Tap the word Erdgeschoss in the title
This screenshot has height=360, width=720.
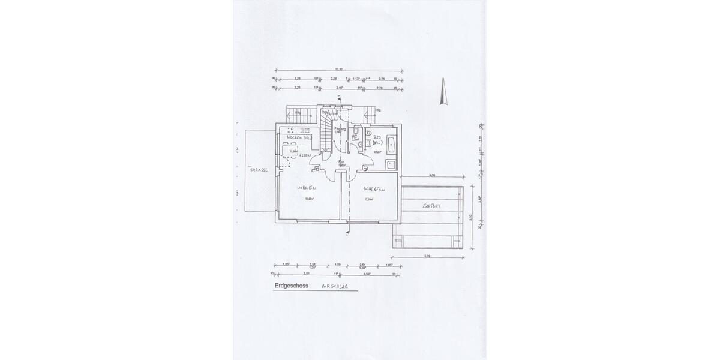click(291, 286)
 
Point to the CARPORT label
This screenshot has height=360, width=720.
click(431, 206)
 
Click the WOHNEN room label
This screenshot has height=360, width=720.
click(307, 188)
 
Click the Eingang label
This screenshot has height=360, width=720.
click(340, 128)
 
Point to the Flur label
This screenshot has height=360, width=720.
click(341, 161)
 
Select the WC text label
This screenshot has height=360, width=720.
click(355, 136)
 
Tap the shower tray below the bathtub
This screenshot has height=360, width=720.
click(391, 165)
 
